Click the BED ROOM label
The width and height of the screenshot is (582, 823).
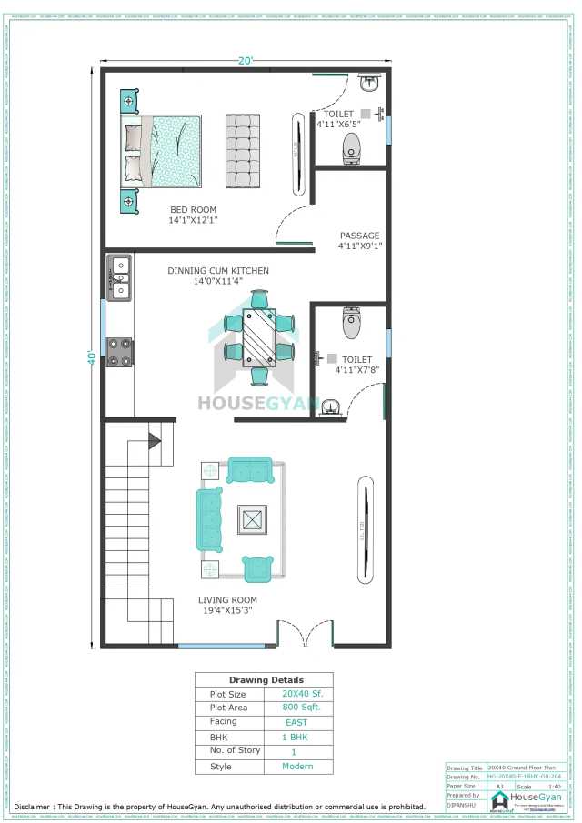click(x=193, y=210)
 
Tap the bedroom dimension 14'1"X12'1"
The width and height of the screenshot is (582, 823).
click(x=193, y=220)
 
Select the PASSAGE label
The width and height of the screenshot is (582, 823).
click(x=359, y=236)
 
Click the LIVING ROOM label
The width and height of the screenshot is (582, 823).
click(x=227, y=600)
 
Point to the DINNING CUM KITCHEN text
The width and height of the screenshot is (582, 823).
click(x=217, y=271)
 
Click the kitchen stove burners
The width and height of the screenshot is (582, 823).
click(x=120, y=352)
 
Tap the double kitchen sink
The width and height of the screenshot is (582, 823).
click(x=119, y=278)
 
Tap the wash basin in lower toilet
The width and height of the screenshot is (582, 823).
click(x=331, y=406)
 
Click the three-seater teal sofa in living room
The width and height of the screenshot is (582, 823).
click(x=209, y=519)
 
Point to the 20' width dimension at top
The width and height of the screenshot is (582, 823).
click(x=246, y=61)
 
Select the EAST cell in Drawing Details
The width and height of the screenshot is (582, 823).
click(x=296, y=722)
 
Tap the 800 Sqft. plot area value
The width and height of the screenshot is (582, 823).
click(x=296, y=708)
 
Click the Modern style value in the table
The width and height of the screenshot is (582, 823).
click(x=296, y=767)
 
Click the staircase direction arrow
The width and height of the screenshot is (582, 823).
click(x=154, y=441)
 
